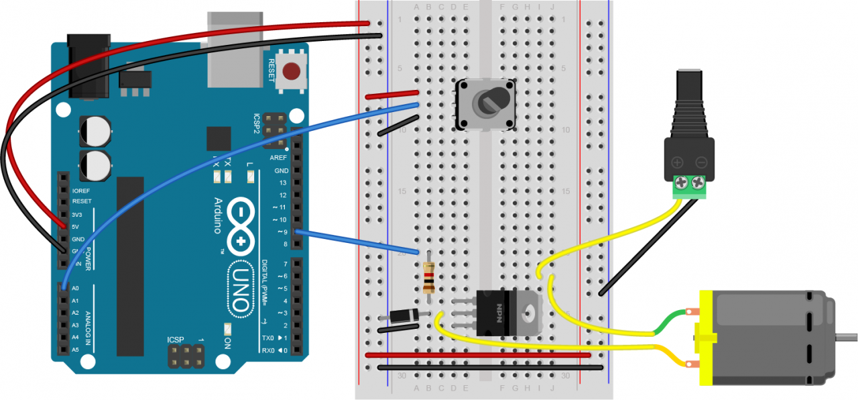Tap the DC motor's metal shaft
click(848, 335)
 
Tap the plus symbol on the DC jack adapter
click(678, 162)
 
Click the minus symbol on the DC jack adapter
click(701, 162)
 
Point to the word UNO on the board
click(241, 288)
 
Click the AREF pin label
click(278, 158)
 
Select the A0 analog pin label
click(75, 288)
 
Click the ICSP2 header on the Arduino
click(271, 130)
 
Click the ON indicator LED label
click(227, 342)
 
